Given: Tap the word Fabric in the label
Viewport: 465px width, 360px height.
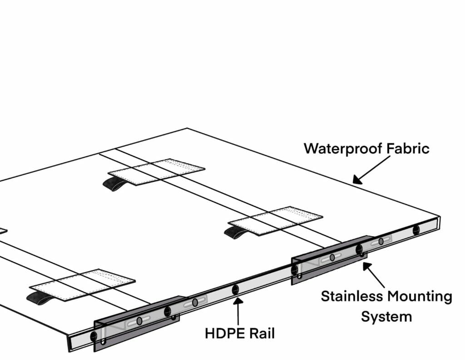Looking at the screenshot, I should pos(406,148).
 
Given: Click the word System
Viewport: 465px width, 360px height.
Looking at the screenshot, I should pos(386,316).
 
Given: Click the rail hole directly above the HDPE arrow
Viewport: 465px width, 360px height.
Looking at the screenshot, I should pos(235,289).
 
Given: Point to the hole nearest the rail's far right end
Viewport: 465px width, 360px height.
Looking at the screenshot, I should pos(416,230).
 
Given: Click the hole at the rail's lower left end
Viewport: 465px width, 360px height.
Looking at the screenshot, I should pos(94,336).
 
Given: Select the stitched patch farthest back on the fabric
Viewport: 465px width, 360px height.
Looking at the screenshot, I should pos(157,171).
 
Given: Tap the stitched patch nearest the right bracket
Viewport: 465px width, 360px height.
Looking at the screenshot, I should pos(276,220).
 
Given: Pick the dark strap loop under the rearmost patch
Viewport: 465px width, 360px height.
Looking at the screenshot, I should pos(113,184).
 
